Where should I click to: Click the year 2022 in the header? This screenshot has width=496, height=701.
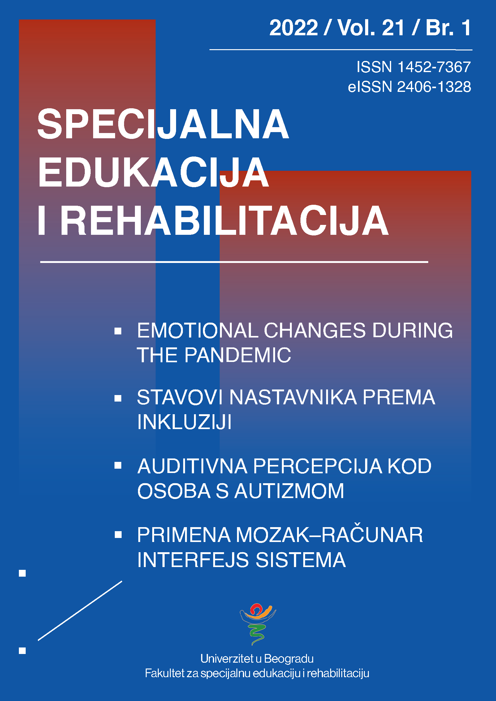pos(294,28)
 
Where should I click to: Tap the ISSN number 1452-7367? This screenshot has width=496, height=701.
pos(434,67)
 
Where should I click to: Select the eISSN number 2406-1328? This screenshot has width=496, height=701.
pos(434,87)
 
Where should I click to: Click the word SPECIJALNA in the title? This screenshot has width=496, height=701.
pos(163,124)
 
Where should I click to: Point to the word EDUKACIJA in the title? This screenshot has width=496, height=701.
pos(153,172)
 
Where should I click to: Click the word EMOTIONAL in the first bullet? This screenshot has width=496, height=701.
pos(198,330)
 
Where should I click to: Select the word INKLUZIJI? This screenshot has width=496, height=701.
pos(184,422)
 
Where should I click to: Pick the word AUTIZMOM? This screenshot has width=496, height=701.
pos(289,491)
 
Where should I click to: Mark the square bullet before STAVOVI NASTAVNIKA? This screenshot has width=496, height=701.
pos(118,398)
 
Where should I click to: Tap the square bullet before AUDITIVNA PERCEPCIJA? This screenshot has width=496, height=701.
pos(118,466)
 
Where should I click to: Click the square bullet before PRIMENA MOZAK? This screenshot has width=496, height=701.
pos(118,535)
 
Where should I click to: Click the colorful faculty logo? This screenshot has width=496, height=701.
pos(258,623)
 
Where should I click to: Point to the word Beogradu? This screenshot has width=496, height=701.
pos(289,659)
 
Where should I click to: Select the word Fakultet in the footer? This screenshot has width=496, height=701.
pos(165,673)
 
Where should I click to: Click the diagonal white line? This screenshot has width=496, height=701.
pos(80,611)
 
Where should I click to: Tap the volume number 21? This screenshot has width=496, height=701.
pos(393,28)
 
